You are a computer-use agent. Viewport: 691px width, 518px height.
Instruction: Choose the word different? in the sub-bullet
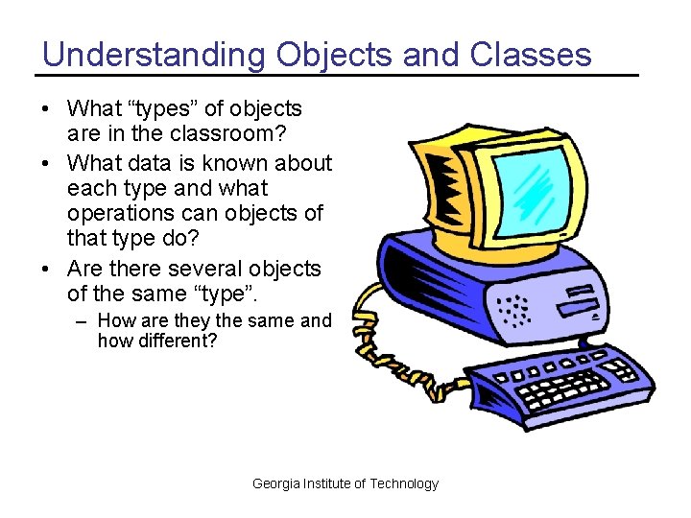point(157,341)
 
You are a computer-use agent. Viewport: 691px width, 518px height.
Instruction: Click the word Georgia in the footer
point(275,483)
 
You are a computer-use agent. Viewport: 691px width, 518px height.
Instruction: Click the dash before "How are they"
point(83,321)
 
